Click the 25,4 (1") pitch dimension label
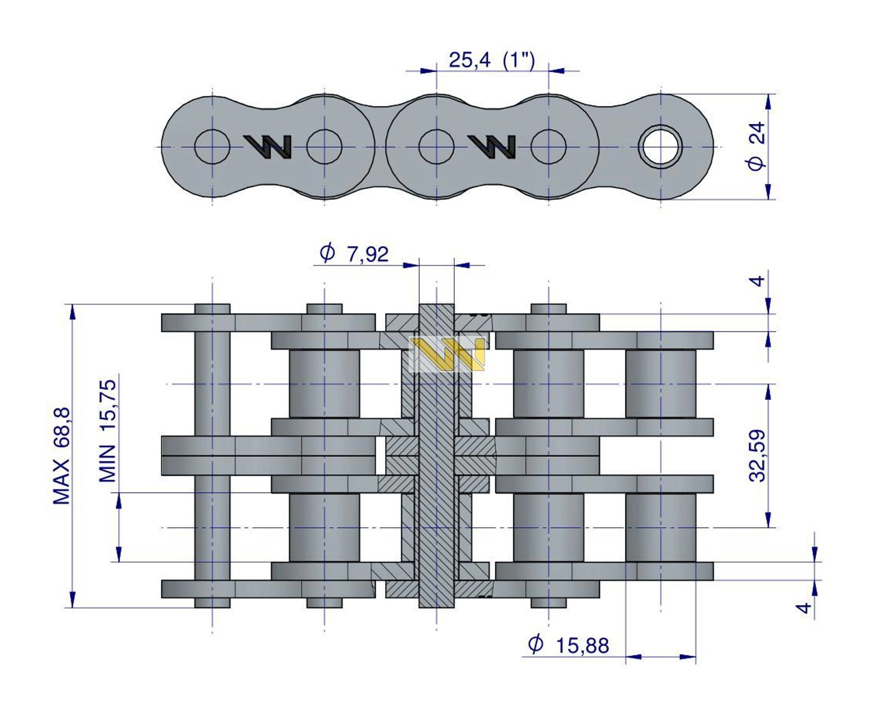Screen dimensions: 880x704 [492, 60]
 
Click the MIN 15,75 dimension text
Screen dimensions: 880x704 [108, 431]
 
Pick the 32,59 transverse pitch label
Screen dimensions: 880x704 [758, 455]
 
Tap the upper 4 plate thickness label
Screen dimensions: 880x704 [757, 281]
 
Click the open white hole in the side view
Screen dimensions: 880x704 [660, 147]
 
